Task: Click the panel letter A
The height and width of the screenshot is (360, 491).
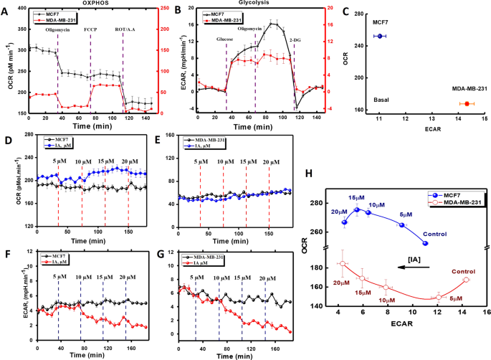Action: (x=6, y=10)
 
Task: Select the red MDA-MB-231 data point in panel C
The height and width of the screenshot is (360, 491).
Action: (x=467, y=104)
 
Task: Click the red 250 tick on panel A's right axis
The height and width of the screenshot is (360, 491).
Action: (x=163, y=9)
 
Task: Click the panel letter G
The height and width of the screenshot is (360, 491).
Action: (x=170, y=255)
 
